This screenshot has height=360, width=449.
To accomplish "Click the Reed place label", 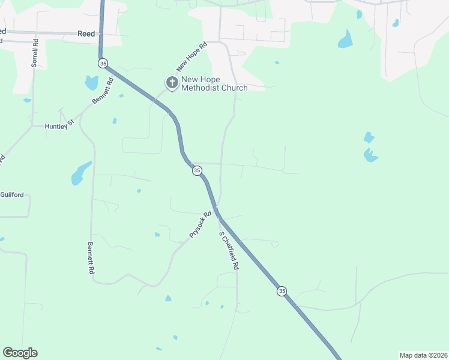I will click(x=86, y=34).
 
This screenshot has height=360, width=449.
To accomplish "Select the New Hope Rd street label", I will click(x=191, y=56).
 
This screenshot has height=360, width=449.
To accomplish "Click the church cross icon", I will click(x=172, y=83).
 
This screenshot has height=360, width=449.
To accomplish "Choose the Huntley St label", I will click(x=59, y=125).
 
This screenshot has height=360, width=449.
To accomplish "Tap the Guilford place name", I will click(x=12, y=195).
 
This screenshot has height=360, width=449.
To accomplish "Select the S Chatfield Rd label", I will click(x=229, y=250).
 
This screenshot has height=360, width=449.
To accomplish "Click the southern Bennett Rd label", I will click(x=91, y=258).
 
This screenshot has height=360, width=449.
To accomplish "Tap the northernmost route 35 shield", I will click(x=103, y=63).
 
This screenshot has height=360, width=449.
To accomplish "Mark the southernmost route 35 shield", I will click(x=282, y=291).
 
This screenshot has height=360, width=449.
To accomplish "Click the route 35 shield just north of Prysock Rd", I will click(x=197, y=171).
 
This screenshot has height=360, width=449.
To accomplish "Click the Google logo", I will click(x=20, y=353).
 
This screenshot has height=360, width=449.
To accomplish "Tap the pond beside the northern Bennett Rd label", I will click(x=91, y=82).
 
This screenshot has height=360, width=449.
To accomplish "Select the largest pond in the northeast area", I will click(x=345, y=40).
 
